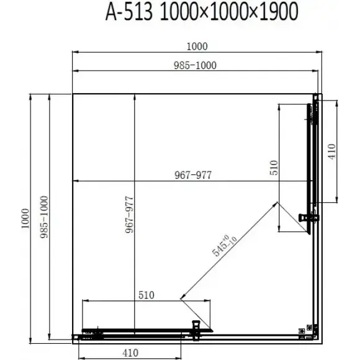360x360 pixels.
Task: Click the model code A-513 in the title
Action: click(x=129, y=12)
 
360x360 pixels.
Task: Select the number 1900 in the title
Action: click(x=279, y=12)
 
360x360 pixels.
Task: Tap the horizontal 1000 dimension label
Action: click(x=197, y=47)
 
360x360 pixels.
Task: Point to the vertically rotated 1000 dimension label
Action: click(x=25, y=218)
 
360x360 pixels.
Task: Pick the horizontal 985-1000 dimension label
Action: click(x=195, y=65)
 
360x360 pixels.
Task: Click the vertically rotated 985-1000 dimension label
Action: click(x=44, y=217)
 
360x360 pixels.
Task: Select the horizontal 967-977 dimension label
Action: click(x=193, y=175)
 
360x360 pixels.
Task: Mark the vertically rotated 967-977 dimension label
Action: click(x=129, y=215)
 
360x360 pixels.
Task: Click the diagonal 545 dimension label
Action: click(x=224, y=245)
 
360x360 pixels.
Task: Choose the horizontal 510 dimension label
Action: click(x=146, y=295)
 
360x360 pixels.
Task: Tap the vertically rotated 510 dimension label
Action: click(x=274, y=168)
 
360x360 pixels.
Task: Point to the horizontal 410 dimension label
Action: click(x=130, y=353)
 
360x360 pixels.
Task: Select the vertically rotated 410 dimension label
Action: click(x=332, y=151)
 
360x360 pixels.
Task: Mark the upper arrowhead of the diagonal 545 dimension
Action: click(x=276, y=204)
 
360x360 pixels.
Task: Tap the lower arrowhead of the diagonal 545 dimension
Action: click(x=182, y=297)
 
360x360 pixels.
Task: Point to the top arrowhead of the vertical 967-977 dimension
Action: click(x=135, y=97)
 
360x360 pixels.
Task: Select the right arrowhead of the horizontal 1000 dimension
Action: click(x=319, y=52)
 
